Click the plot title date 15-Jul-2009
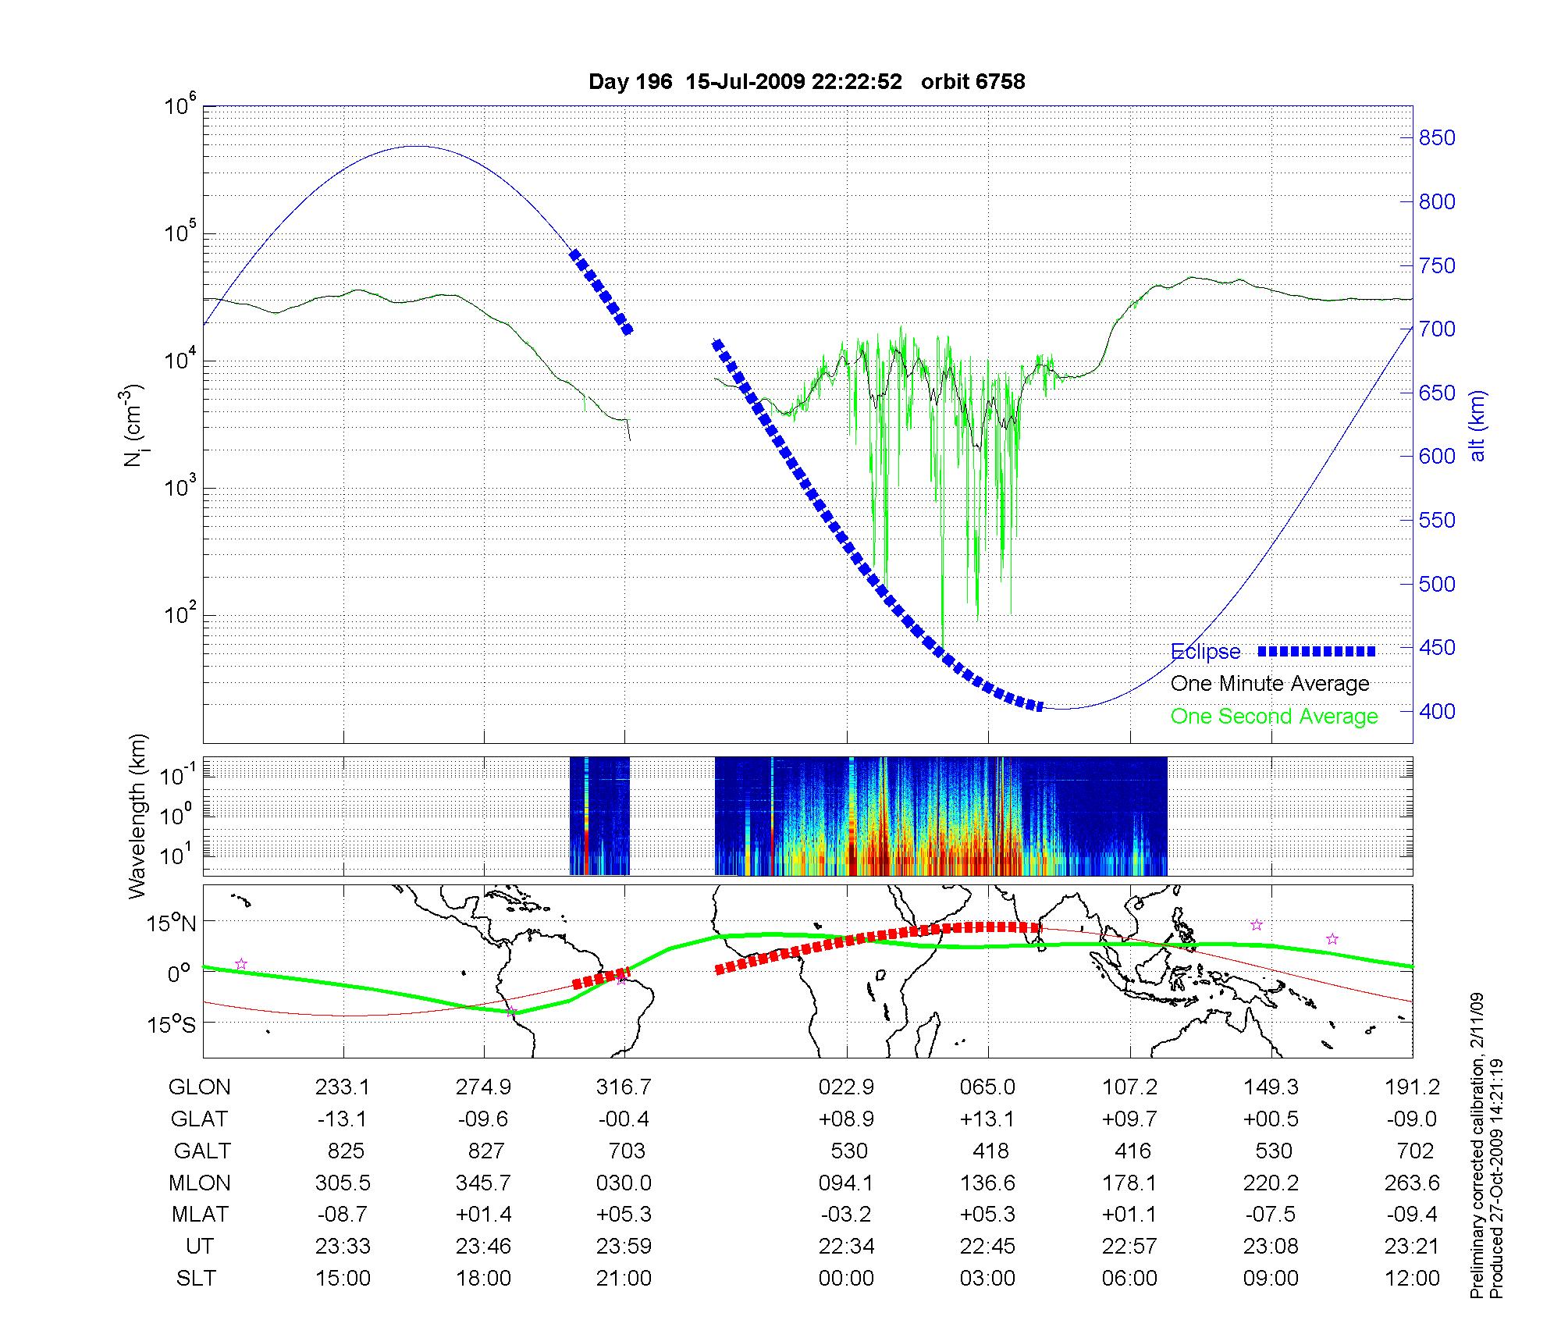coord(745,82)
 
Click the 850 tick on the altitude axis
coord(1437,138)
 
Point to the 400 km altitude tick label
coord(1437,711)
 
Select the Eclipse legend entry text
coord(1205,652)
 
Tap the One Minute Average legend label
coord(1270,684)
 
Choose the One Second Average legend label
coord(1274,716)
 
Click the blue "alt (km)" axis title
coord(1477,425)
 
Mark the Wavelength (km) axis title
coord(138,816)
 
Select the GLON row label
coord(200,1087)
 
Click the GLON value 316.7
coord(624,1087)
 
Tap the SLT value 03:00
coord(988,1278)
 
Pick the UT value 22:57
coord(1129,1246)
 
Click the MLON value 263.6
coord(1412,1183)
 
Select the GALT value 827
coord(484,1151)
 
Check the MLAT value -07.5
coord(1271,1214)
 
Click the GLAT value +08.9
coord(846,1119)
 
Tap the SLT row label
coord(196,1278)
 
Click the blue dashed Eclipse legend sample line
coord(1317,651)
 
